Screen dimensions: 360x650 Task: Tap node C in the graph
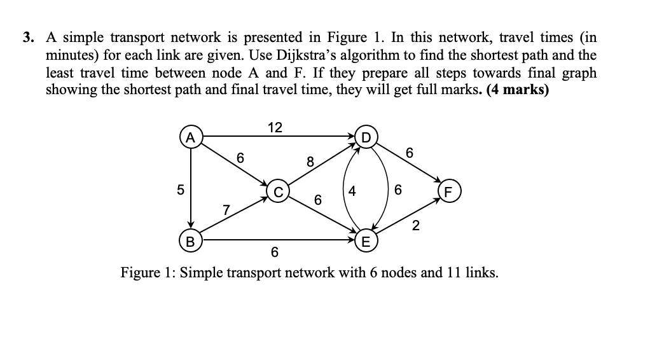pyautogui.click(x=278, y=190)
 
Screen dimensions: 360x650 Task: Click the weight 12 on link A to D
pyautogui.click(x=275, y=127)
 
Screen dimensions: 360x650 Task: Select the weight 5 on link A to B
pyautogui.click(x=180, y=190)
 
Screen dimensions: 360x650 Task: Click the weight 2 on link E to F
pyautogui.click(x=415, y=225)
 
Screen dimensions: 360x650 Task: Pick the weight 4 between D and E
pyautogui.click(x=352, y=190)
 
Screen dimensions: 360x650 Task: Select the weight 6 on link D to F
pyautogui.click(x=410, y=153)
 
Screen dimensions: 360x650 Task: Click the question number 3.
pyautogui.click(x=27, y=39)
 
